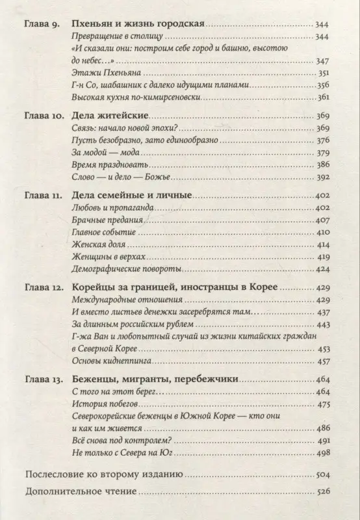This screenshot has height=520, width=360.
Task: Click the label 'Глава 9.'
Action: (x=42, y=25)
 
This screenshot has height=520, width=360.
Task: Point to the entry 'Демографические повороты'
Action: (x=117, y=269)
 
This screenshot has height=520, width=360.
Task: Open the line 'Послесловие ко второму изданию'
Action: (x=103, y=475)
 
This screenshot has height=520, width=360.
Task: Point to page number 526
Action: (x=322, y=493)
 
